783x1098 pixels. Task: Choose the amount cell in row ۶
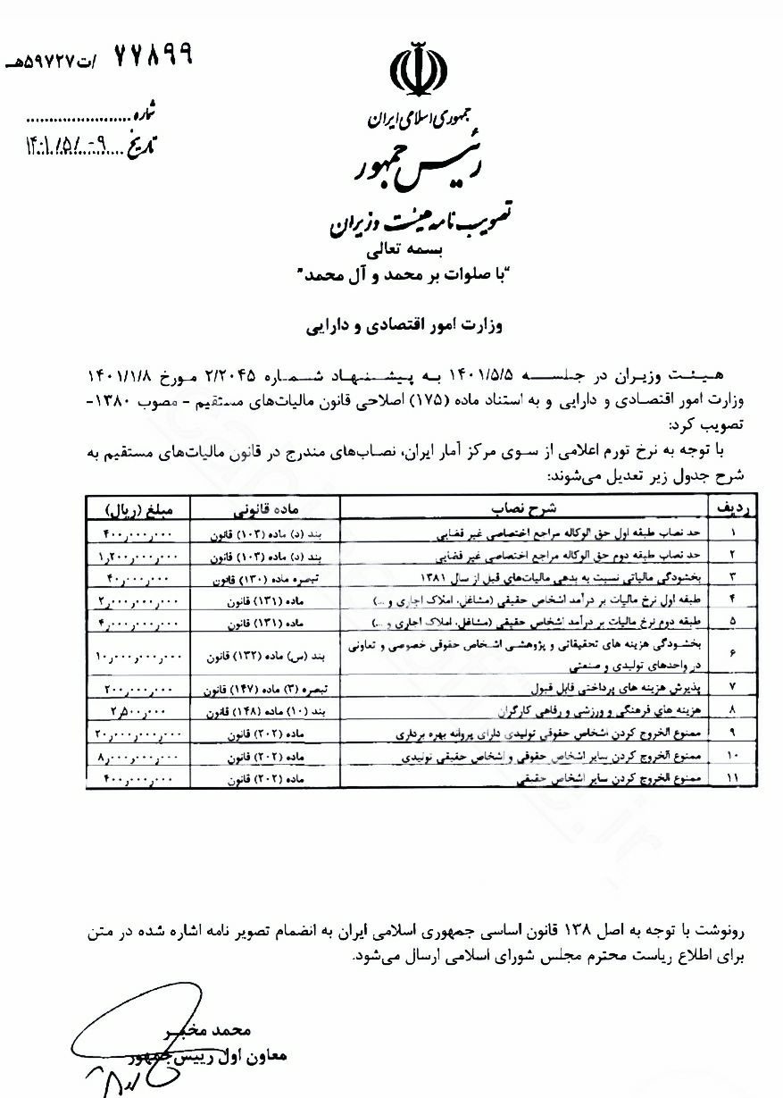[x=146, y=657]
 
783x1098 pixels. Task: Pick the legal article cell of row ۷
[x=269, y=691]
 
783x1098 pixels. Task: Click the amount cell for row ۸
[x=146, y=712]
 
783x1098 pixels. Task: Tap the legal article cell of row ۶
[x=269, y=657]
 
